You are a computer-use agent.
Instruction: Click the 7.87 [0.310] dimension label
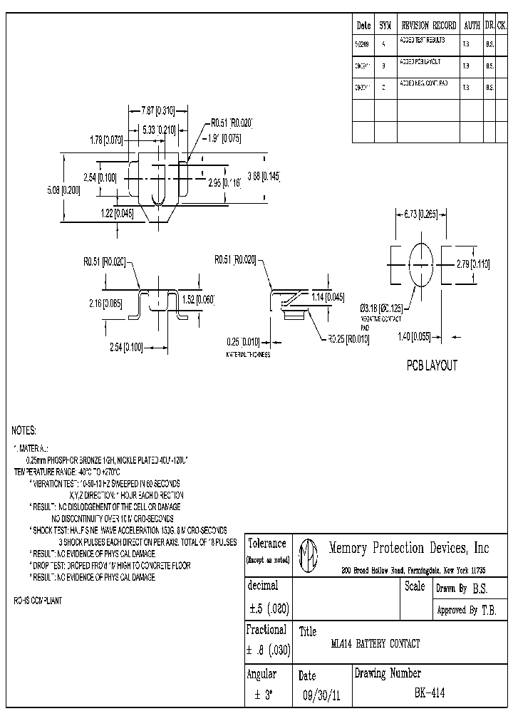(x=157, y=110)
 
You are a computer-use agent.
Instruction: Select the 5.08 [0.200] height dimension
(x=63, y=190)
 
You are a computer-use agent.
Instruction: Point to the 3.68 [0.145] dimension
(x=264, y=176)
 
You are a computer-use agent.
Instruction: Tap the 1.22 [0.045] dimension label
(x=116, y=214)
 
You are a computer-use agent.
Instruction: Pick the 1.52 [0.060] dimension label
(x=198, y=299)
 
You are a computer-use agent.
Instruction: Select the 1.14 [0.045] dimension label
(x=328, y=297)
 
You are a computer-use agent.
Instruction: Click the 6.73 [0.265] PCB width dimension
(x=420, y=214)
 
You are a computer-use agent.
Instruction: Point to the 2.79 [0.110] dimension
(x=473, y=264)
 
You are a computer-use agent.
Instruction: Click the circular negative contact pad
(x=420, y=264)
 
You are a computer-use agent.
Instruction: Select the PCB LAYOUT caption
(x=432, y=365)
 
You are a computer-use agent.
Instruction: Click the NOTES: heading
(x=24, y=431)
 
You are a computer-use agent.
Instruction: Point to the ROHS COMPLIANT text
(x=38, y=601)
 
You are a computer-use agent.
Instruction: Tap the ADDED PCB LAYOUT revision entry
(x=425, y=63)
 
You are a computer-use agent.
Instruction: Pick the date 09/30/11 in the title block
(x=321, y=695)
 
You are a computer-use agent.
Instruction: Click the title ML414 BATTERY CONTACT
(x=375, y=644)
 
